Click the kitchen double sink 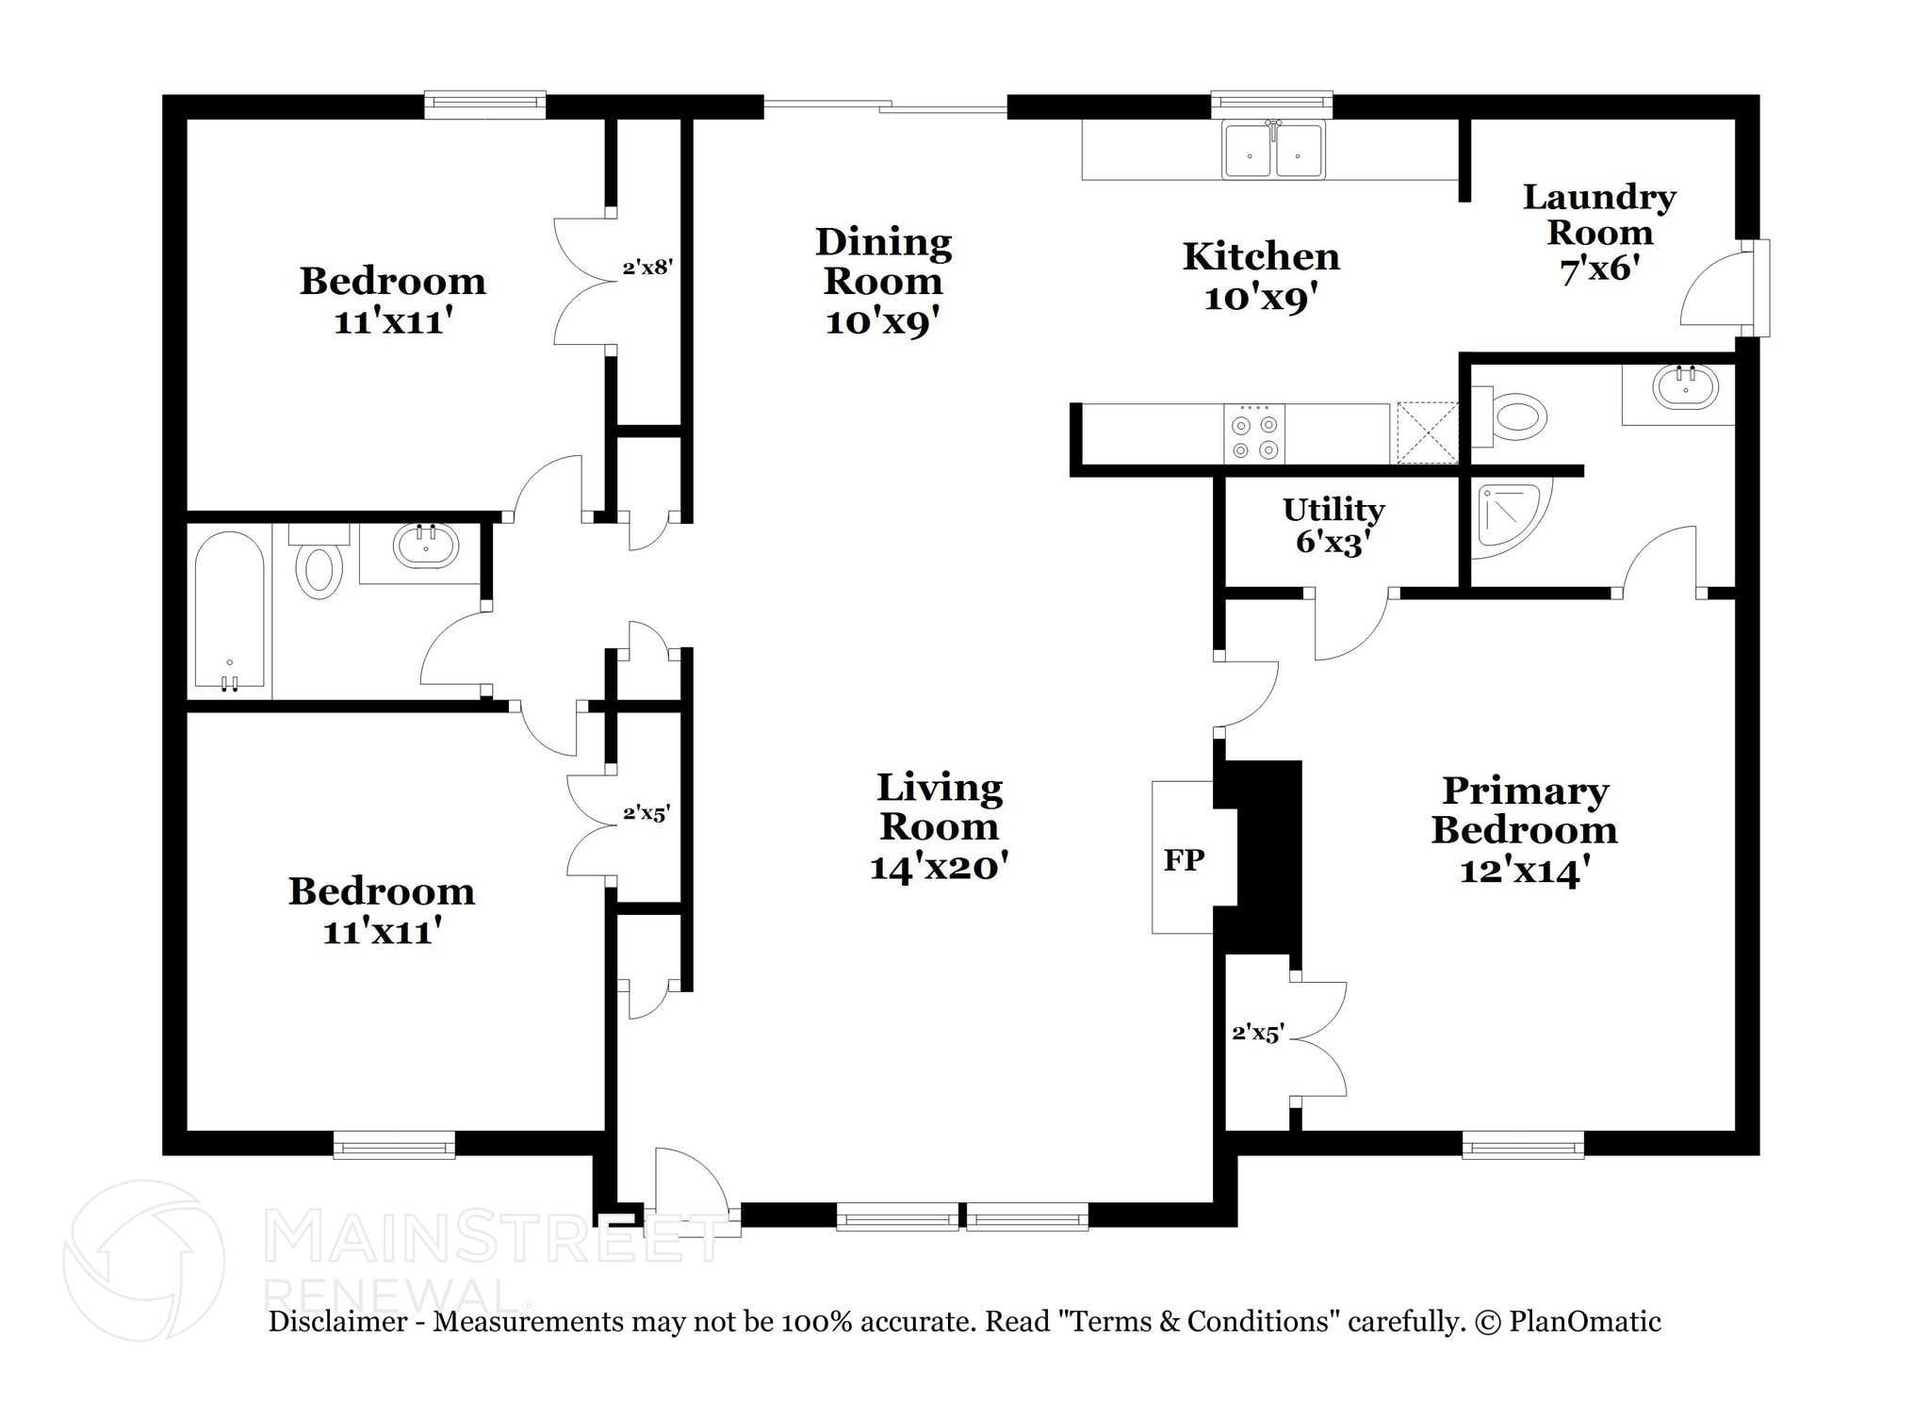click(1273, 151)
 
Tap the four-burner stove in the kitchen click(1254, 434)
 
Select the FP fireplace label click(1184, 859)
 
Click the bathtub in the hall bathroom click(229, 612)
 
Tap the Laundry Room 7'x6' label click(1599, 233)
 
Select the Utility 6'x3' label click(1333, 526)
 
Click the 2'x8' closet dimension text click(646, 268)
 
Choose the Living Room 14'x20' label click(939, 826)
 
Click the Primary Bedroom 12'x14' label click(1524, 830)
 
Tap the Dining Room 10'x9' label click(883, 281)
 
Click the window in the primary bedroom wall click(1523, 1145)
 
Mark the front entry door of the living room click(689, 1189)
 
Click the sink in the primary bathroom click(1685, 387)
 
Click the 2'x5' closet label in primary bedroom click(1258, 1034)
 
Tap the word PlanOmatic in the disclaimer click(1585, 1321)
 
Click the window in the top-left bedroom click(484, 105)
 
